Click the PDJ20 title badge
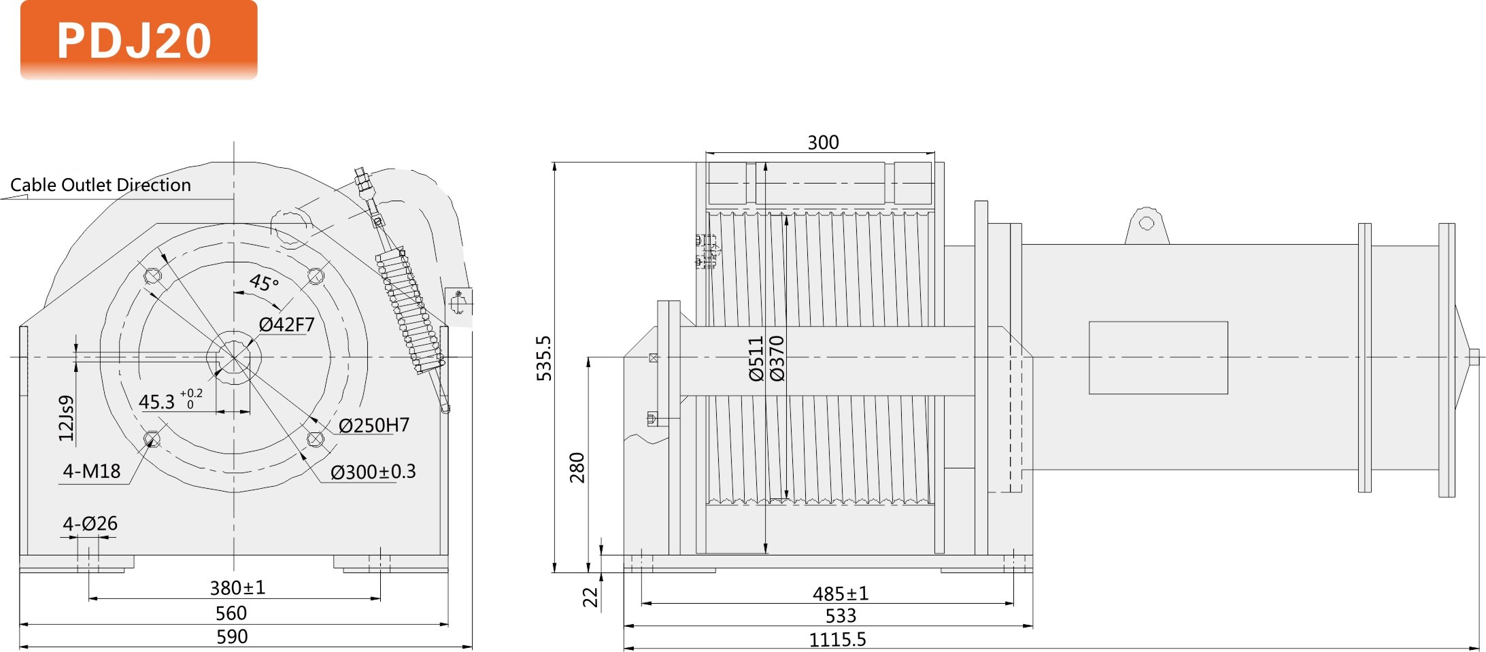[139, 40]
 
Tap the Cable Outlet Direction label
[101, 185]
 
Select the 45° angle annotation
[264, 282]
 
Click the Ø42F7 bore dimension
[286, 325]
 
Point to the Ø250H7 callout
[373, 426]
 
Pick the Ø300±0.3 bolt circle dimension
[373, 472]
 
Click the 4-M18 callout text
[92, 471]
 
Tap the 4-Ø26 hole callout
[90, 524]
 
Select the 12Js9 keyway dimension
[66, 418]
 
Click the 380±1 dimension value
[237, 587]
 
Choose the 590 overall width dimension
[232, 637]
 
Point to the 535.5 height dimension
[544, 358]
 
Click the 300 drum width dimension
[823, 143]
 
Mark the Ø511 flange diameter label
[756, 358]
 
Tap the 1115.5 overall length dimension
[837, 640]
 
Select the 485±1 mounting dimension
[841, 594]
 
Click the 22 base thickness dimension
[590, 597]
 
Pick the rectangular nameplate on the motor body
[1158, 358]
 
